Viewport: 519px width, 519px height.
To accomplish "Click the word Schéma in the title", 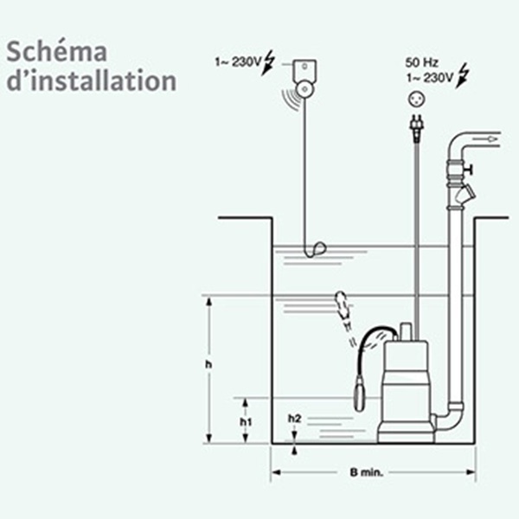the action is [56, 52].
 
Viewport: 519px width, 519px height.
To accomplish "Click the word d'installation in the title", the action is [92, 80].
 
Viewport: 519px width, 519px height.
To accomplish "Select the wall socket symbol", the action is [416, 99].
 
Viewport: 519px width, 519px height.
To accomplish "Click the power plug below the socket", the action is [417, 127].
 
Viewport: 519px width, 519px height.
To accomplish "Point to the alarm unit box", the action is [304, 70].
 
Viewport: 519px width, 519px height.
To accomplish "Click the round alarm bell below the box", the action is [304, 89].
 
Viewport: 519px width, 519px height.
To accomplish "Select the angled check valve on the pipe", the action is [465, 196].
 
